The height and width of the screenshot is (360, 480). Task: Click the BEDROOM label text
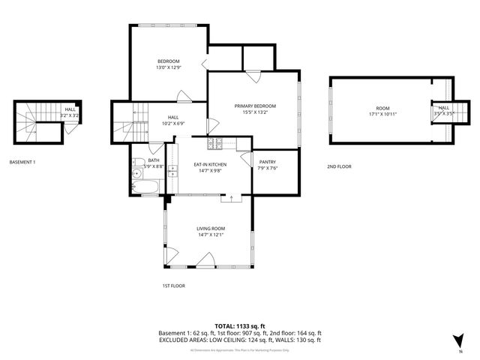[x=168, y=61]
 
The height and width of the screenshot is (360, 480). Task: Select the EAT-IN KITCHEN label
[x=210, y=163]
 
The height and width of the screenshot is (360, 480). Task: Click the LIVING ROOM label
[x=211, y=228]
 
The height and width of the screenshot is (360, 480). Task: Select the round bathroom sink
[x=136, y=175]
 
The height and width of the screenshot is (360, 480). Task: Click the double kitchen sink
[x=172, y=175]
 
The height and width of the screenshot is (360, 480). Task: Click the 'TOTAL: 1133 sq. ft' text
[x=239, y=325]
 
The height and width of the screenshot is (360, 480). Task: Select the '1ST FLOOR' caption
[x=173, y=286]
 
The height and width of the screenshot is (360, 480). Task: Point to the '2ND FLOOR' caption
[x=339, y=166]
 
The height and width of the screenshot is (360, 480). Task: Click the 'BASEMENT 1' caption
[x=22, y=162]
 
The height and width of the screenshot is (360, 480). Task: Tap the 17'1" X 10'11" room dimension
[x=383, y=115]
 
